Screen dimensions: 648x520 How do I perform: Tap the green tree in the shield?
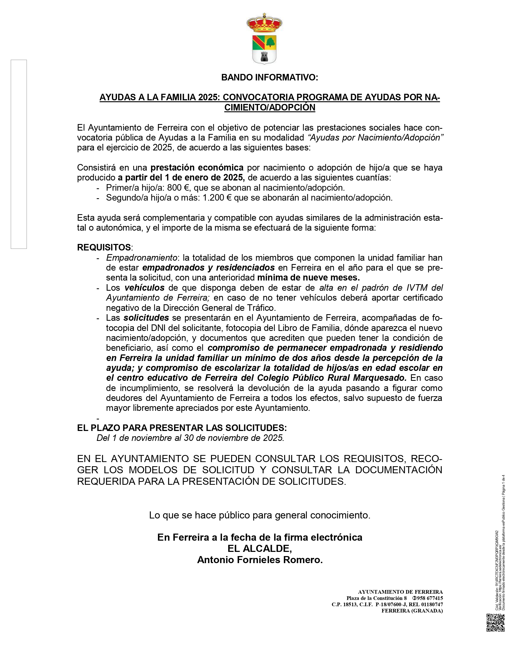tap(270, 42)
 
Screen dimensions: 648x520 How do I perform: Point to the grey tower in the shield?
tap(264, 56)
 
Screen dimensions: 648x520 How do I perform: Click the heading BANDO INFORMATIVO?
tap(270, 78)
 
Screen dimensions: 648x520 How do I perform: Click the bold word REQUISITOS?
tap(104, 247)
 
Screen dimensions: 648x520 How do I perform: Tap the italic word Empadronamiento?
tap(142, 258)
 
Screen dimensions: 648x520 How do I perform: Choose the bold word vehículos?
tap(144, 288)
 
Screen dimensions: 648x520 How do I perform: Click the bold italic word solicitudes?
tap(146, 318)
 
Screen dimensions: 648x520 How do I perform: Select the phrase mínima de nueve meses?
tap(308, 277)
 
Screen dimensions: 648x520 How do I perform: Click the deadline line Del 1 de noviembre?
tap(190, 438)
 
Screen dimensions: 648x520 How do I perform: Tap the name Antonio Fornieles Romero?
tap(260, 560)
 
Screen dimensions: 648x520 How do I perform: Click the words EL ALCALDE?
tap(260, 548)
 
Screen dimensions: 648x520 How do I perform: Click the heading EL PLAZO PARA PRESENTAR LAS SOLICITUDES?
tap(182, 428)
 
